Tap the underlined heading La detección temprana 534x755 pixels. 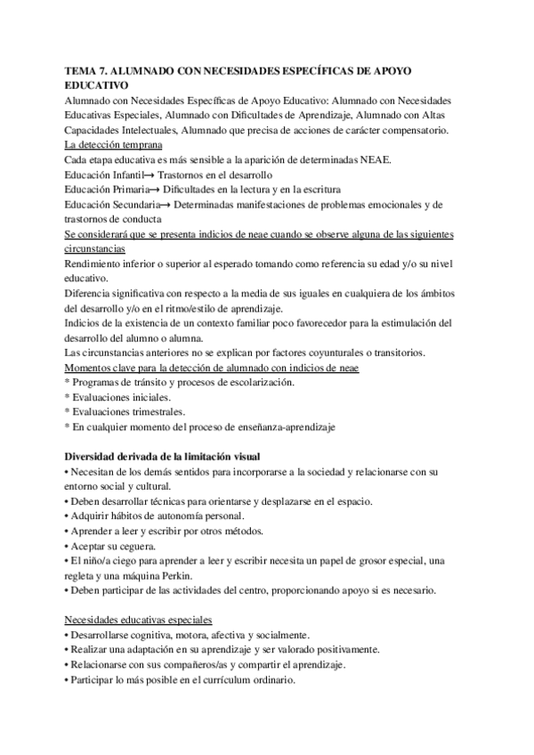(113, 145)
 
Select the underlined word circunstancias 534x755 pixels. (98, 251)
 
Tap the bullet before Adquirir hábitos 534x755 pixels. (68, 516)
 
